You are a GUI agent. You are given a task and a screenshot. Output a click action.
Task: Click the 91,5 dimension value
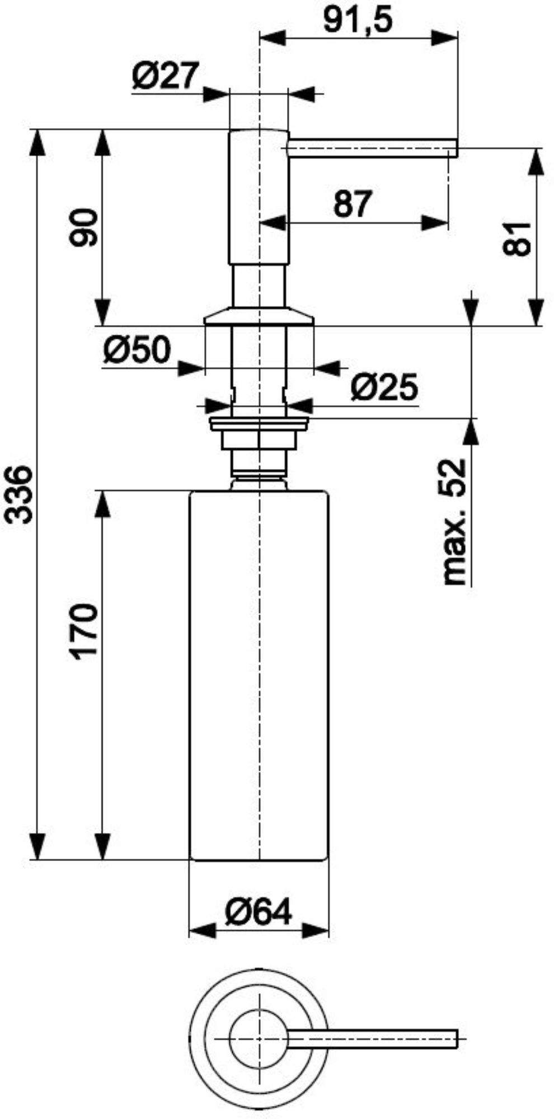click(358, 19)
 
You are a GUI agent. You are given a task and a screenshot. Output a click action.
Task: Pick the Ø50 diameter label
click(137, 350)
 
